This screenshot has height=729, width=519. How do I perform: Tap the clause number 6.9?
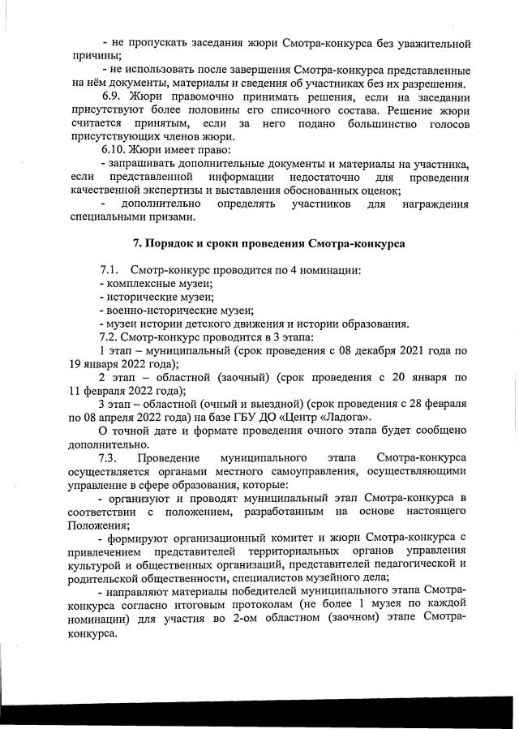coord(112,94)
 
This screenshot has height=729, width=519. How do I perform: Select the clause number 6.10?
coord(115,149)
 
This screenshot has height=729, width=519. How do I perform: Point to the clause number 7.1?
coord(109,269)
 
